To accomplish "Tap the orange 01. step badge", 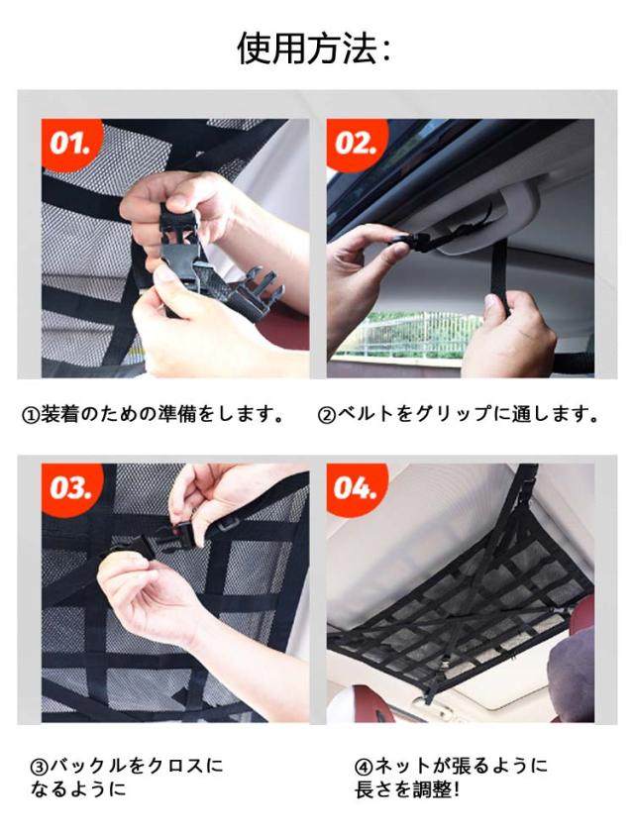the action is coord(69,143).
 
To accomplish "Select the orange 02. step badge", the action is coord(355,143).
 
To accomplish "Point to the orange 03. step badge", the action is coord(69,487).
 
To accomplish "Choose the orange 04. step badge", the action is coord(355,487).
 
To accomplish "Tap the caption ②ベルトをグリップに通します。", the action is coord(459,414).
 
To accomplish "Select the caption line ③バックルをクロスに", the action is coord(127,766).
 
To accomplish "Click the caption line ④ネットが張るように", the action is coord(451,766).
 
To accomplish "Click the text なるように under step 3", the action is coord(78,789).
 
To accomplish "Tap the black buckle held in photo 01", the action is coord(213,266).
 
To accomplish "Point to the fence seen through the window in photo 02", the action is coord(410,333).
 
